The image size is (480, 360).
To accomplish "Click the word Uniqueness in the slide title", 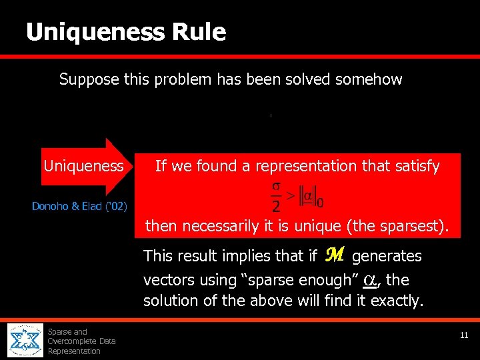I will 95,31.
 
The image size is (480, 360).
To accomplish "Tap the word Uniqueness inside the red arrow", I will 83,166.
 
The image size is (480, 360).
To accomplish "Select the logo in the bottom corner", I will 24,341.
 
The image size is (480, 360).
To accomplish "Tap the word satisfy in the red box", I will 417,166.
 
